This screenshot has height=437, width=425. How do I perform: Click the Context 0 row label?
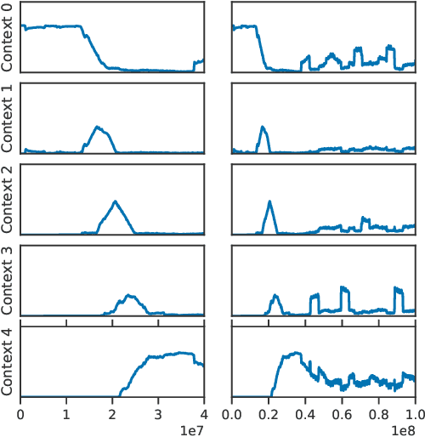(x=8, y=37)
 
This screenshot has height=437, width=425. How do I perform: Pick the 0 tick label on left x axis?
(x=20, y=413)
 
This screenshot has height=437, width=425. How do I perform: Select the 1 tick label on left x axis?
(x=66, y=413)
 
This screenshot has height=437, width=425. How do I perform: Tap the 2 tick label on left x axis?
(x=112, y=413)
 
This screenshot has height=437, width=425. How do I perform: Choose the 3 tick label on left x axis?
(x=158, y=413)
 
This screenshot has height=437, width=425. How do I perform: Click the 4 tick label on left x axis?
(x=204, y=413)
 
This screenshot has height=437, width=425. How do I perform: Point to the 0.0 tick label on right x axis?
(x=233, y=413)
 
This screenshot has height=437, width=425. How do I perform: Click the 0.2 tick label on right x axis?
(x=269, y=413)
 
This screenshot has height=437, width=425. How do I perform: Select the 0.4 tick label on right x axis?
(x=306, y=413)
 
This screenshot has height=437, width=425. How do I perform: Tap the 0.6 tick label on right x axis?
(x=342, y=413)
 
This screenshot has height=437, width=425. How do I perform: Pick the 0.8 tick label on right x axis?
(x=378, y=413)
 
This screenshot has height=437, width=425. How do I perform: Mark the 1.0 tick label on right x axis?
(x=415, y=413)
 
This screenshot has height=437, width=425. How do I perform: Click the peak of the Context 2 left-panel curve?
(x=115, y=201)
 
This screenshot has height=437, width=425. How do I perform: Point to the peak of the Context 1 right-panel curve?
(x=263, y=127)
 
